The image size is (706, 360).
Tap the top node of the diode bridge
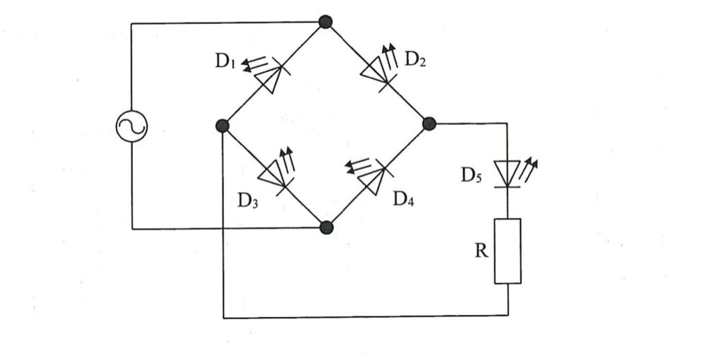(325, 22)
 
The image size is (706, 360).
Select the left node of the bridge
(222, 126)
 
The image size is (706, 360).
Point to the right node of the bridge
(429, 124)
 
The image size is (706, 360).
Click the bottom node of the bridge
(326, 227)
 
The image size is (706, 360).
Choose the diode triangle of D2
(375, 71)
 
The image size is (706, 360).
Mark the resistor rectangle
(508, 251)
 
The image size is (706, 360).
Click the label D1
(225, 61)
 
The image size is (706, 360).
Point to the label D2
(415, 59)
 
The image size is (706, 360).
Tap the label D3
(248, 200)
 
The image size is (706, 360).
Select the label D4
(403, 198)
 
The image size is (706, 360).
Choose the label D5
(471, 176)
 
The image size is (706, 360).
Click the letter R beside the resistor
(481, 251)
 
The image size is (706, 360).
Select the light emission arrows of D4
(359, 166)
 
